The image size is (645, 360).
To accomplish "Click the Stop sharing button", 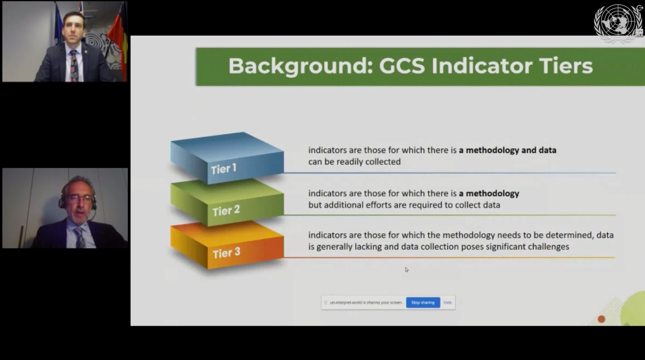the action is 423,303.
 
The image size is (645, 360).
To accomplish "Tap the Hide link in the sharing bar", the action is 447,303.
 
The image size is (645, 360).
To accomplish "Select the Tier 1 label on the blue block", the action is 224,169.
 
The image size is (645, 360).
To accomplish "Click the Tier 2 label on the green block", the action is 226,211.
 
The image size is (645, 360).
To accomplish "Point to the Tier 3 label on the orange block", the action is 226,253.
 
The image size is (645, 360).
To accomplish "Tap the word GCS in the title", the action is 402,66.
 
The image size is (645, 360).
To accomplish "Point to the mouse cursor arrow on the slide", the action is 407,270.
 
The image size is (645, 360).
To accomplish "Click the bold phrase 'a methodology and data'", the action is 508,150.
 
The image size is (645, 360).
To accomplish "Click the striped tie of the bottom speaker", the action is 80,237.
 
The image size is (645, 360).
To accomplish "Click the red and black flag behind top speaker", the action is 118,40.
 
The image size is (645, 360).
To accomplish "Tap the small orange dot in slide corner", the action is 601,319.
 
